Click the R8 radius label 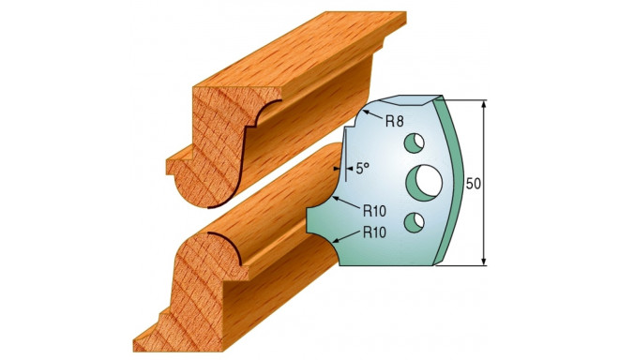394,122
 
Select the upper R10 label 374,212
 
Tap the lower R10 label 374,232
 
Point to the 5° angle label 362,169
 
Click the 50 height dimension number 474,184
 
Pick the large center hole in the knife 424,182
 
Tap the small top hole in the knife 415,142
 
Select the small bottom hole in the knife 415,222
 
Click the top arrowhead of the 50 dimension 484,104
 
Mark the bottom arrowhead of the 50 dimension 484,261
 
